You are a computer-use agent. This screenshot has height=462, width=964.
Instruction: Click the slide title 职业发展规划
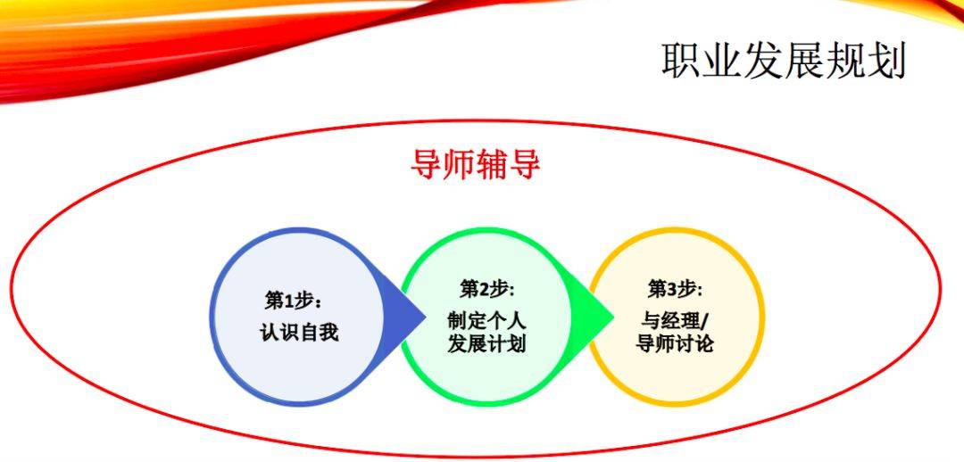(784, 61)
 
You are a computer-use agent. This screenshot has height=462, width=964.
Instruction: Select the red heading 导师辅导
(475, 165)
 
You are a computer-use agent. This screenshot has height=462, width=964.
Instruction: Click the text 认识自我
(299, 333)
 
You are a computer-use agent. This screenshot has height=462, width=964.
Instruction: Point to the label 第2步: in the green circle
(487, 288)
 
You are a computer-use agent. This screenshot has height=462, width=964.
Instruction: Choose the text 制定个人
(487, 322)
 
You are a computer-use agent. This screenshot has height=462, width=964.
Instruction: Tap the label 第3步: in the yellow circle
(675, 288)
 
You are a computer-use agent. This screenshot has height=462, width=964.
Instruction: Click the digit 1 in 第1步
(288, 301)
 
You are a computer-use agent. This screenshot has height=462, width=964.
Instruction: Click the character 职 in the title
(682, 61)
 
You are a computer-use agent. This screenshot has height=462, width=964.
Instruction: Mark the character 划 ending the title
(887, 61)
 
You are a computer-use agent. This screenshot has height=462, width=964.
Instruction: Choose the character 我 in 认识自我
(328, 333)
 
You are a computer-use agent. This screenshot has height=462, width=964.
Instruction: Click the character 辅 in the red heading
(491, 165)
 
